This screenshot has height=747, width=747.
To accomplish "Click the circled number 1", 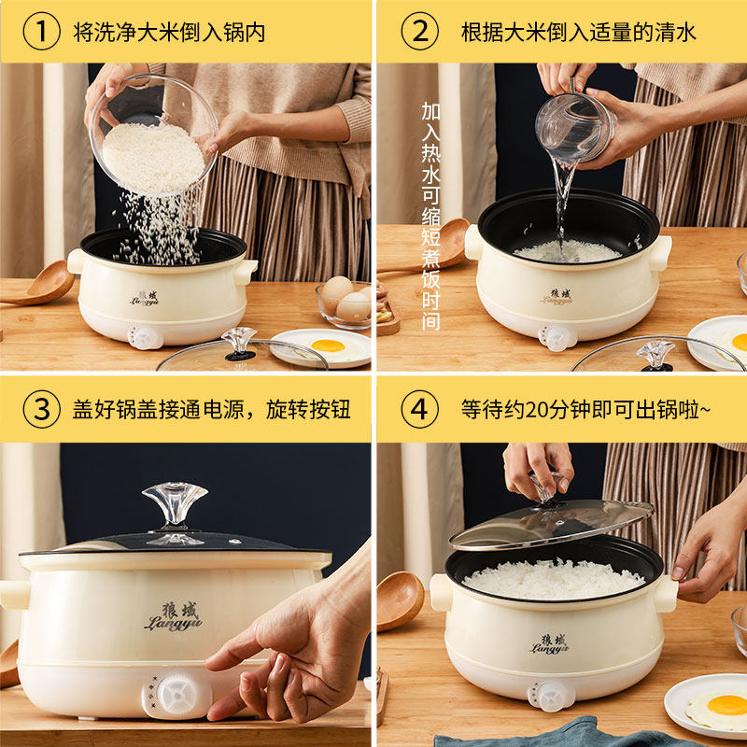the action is pos(41,32).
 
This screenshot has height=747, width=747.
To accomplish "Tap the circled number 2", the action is pos(419,32).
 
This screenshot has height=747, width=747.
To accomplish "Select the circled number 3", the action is pos(41,409).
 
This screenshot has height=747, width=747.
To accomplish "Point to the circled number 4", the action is pos(419,409).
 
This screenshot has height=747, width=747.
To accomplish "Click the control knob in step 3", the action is pos(177,697).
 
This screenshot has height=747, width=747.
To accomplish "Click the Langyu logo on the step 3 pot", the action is pos(174,616).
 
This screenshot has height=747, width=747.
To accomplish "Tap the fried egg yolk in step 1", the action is pos(328,345).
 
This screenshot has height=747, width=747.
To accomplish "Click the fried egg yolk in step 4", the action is pos(727,705).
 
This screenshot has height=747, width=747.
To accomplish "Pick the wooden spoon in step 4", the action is pos(400,601).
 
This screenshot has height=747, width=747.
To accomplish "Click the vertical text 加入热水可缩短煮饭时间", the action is pos(430,216).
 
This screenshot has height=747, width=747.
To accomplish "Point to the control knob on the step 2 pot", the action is pos(557,337).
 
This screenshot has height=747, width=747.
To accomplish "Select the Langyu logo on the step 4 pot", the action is pos(550,644).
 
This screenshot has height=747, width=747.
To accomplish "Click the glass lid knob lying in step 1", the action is pos(240,343).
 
